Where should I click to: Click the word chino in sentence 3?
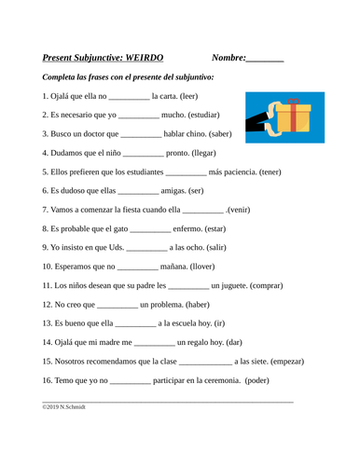tap(201, 134)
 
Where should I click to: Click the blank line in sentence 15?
tap(204, 362)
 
